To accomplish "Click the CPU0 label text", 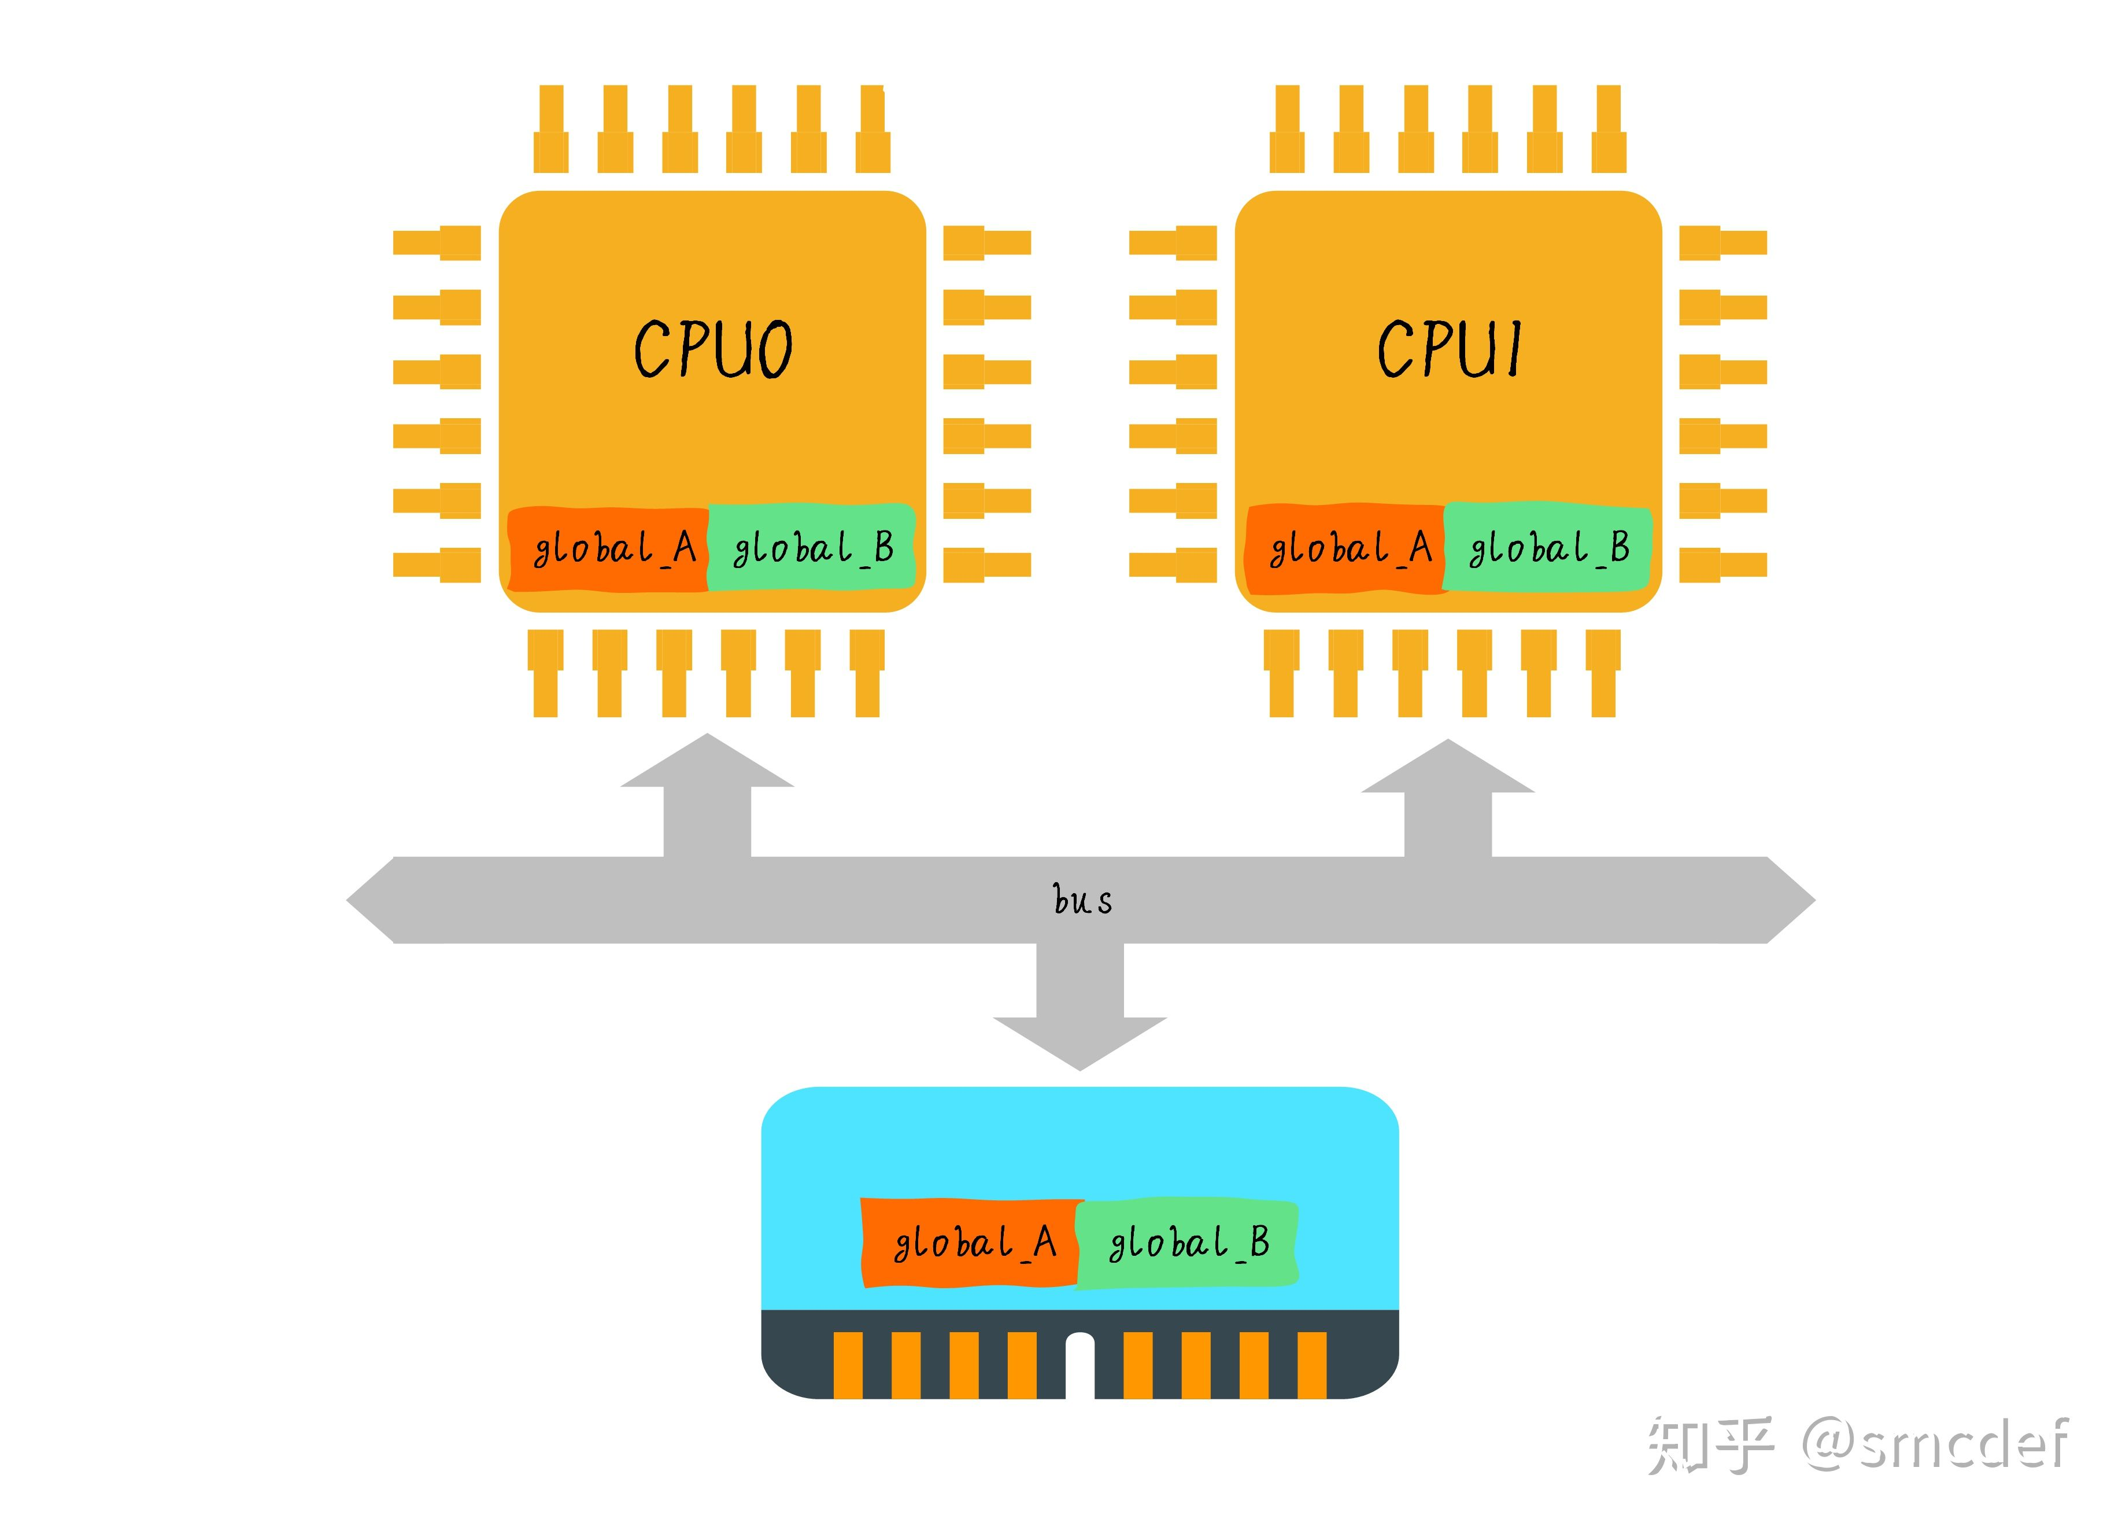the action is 713,349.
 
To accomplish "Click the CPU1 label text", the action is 1448,349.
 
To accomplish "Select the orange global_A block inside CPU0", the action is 608,550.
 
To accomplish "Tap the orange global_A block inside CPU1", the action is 1345,550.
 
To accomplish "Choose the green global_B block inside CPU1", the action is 1547,547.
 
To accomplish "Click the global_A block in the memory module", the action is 971,1243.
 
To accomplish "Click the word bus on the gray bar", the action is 1082,899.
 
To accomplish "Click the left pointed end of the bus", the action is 348,900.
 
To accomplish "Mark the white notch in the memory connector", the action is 1080,1365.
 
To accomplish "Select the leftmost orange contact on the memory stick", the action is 848,1365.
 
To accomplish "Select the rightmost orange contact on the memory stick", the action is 1312,1365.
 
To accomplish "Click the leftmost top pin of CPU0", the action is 551,129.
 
